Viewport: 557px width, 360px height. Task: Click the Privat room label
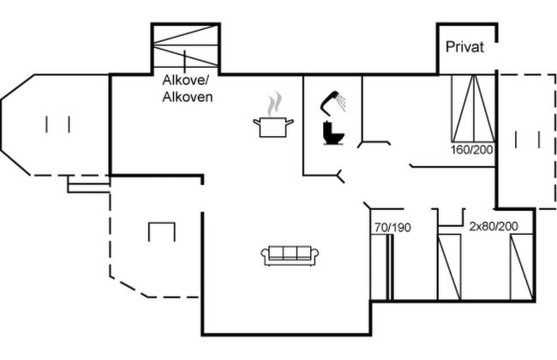[464, 47]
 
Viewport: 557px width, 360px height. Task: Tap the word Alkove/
[185, 80]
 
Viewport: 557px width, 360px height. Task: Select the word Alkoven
[188, 97]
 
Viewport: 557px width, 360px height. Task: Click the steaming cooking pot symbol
[273, 115]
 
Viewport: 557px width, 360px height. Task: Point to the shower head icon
[333, 103]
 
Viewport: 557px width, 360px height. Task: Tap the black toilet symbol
[333, 133]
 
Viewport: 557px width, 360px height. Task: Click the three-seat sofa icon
[290, 255]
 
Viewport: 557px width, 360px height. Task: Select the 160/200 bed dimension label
[472, 150]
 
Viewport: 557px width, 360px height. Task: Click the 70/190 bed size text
[392, 227]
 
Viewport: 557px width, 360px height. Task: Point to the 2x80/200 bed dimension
[494, 226]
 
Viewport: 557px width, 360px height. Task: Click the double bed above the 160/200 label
[474, 108]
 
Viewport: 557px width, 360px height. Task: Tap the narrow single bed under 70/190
[382, 267]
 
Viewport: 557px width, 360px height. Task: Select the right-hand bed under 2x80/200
[522, 267]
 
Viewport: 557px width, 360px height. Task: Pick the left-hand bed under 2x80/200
[449, 267]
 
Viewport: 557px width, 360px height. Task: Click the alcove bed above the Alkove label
[185, 45]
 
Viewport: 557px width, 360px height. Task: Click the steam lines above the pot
[275, 104]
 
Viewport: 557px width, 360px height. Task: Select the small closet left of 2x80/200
[451, 218]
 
